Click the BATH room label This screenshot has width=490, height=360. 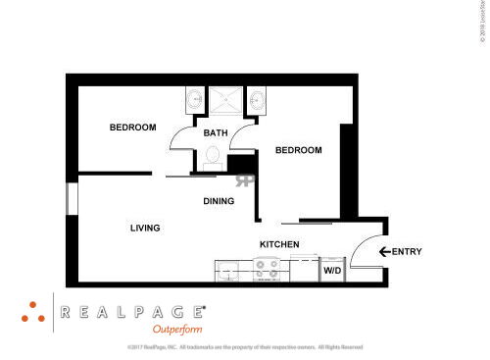click(216, 133)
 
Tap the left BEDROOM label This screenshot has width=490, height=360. click(132, 128)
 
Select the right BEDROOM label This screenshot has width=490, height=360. click(298, 150)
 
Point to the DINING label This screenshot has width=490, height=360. click(219, 201)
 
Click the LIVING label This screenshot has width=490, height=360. click(145, 228)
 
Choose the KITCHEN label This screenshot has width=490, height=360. click(278, 244)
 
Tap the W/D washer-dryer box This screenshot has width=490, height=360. click(332, 269)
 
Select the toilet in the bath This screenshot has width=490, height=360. click(214, 155)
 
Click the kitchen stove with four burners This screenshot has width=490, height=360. click(268, 268)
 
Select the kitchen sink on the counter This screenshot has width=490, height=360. click(229, 269)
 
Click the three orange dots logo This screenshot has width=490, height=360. click(33, 311)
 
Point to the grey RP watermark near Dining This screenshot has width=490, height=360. click(243, 180)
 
